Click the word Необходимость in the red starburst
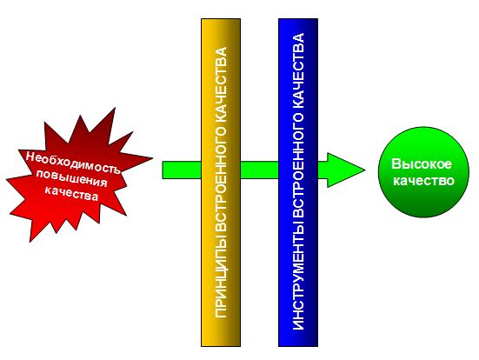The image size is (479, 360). [x=72, y=163]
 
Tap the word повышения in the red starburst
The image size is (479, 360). [x=72, y=179]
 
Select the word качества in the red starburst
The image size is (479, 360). [x=72, y=193]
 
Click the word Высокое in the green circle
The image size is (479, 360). [x=422, y=163]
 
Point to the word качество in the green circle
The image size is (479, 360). [x=423, y=180]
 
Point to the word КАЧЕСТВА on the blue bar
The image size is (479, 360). [x=298, y=70]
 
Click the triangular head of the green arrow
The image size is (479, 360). [x=346, y=170]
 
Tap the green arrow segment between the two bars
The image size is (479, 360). [x=259, y=170]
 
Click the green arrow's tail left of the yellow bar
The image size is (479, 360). [x=182, y=170]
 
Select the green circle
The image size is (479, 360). [x=423, y=172]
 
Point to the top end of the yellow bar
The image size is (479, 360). [x=221, y=19]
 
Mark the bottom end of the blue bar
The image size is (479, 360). [x=298, y=346]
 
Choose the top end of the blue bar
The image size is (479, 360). [x=298, y=19]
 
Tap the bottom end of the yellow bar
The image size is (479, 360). [x=221, y=346]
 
